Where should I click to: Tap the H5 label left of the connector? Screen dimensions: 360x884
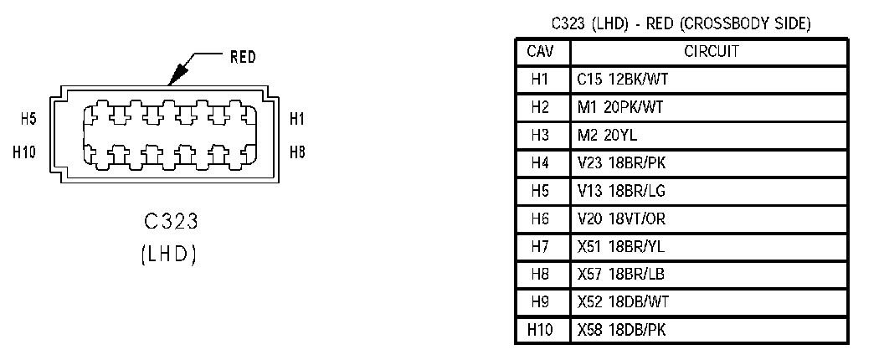pos(28,119)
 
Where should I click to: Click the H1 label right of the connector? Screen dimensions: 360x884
pos(296,119)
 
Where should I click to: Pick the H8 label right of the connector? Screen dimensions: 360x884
pos(296,152)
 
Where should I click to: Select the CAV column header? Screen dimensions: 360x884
pos(540,52)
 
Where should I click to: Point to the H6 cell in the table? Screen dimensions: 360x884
pos(540,219)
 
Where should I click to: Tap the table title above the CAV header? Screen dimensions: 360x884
pos(681,24)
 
